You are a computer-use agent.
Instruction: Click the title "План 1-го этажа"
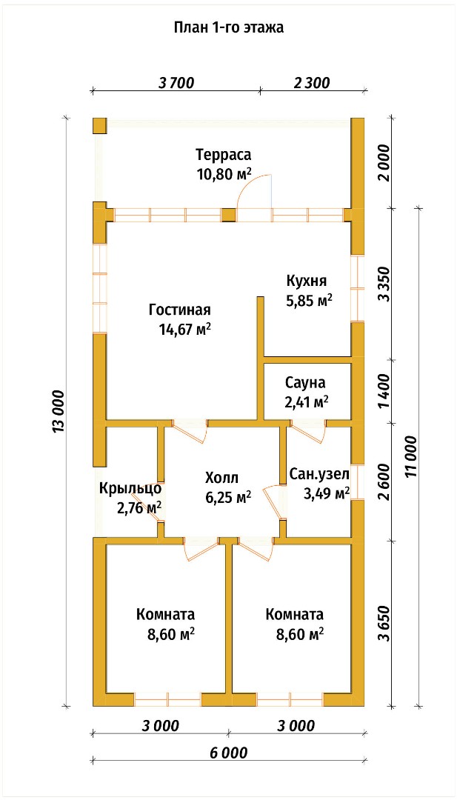[228, 27]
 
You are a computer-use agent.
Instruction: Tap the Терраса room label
[224, 154]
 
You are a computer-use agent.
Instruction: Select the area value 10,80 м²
[224, 174]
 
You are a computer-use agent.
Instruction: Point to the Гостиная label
[180, 310]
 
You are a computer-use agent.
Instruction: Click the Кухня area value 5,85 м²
[309, 301]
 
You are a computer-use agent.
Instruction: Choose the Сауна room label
[305, 381]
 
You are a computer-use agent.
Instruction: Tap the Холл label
[222, 477]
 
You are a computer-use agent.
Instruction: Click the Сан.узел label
[319, 475]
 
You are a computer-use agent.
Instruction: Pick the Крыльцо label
[130, 487]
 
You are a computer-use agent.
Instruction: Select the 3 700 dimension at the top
[177, 82]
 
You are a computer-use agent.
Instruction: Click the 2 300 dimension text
[312, 82]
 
